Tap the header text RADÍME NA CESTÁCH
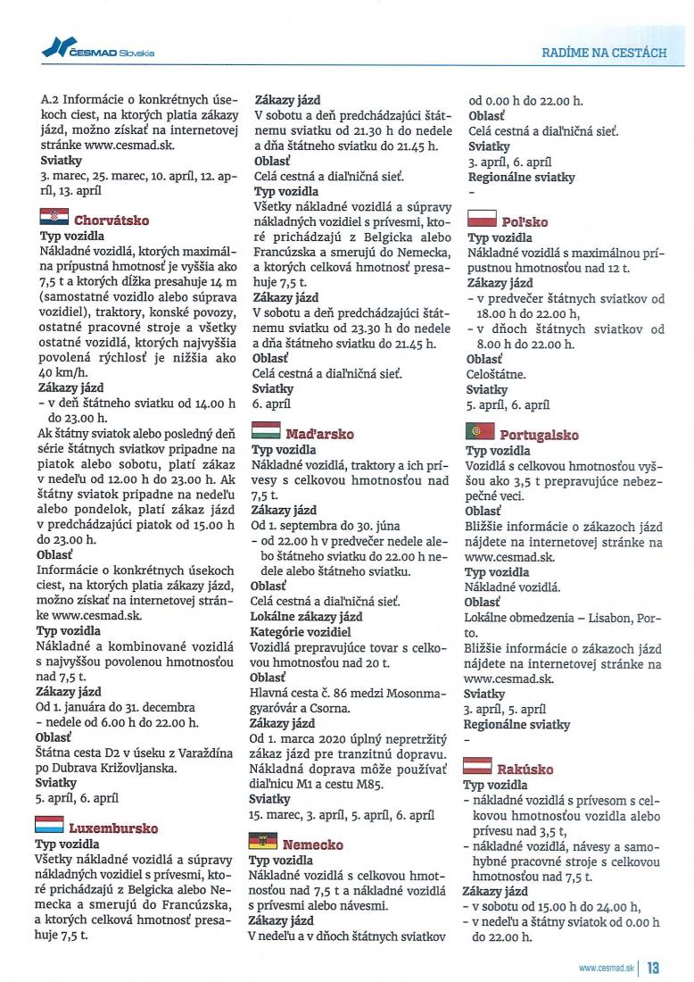click(604, 53)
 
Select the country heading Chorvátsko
click(112, 221)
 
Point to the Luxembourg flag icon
click(49, 825)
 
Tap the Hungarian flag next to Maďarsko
click(267, 431)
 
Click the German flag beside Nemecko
click(264, 841)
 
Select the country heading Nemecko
click(312, 845)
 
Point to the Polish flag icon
click(482, 218)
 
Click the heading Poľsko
click(525, 221)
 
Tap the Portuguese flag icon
click(479, 432)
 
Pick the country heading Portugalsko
click(539, 436)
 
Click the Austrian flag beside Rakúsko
click(479, 766)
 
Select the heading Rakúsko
click(526, 770)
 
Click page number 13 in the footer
click(653, 967)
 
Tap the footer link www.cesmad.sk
click(606, 967)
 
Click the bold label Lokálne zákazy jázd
click(306, 617)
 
